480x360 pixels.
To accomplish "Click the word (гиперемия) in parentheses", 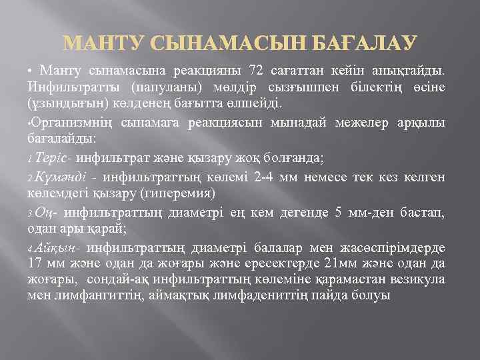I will click(x=181, y=194).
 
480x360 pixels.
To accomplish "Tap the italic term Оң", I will click(x=43, y=213).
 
